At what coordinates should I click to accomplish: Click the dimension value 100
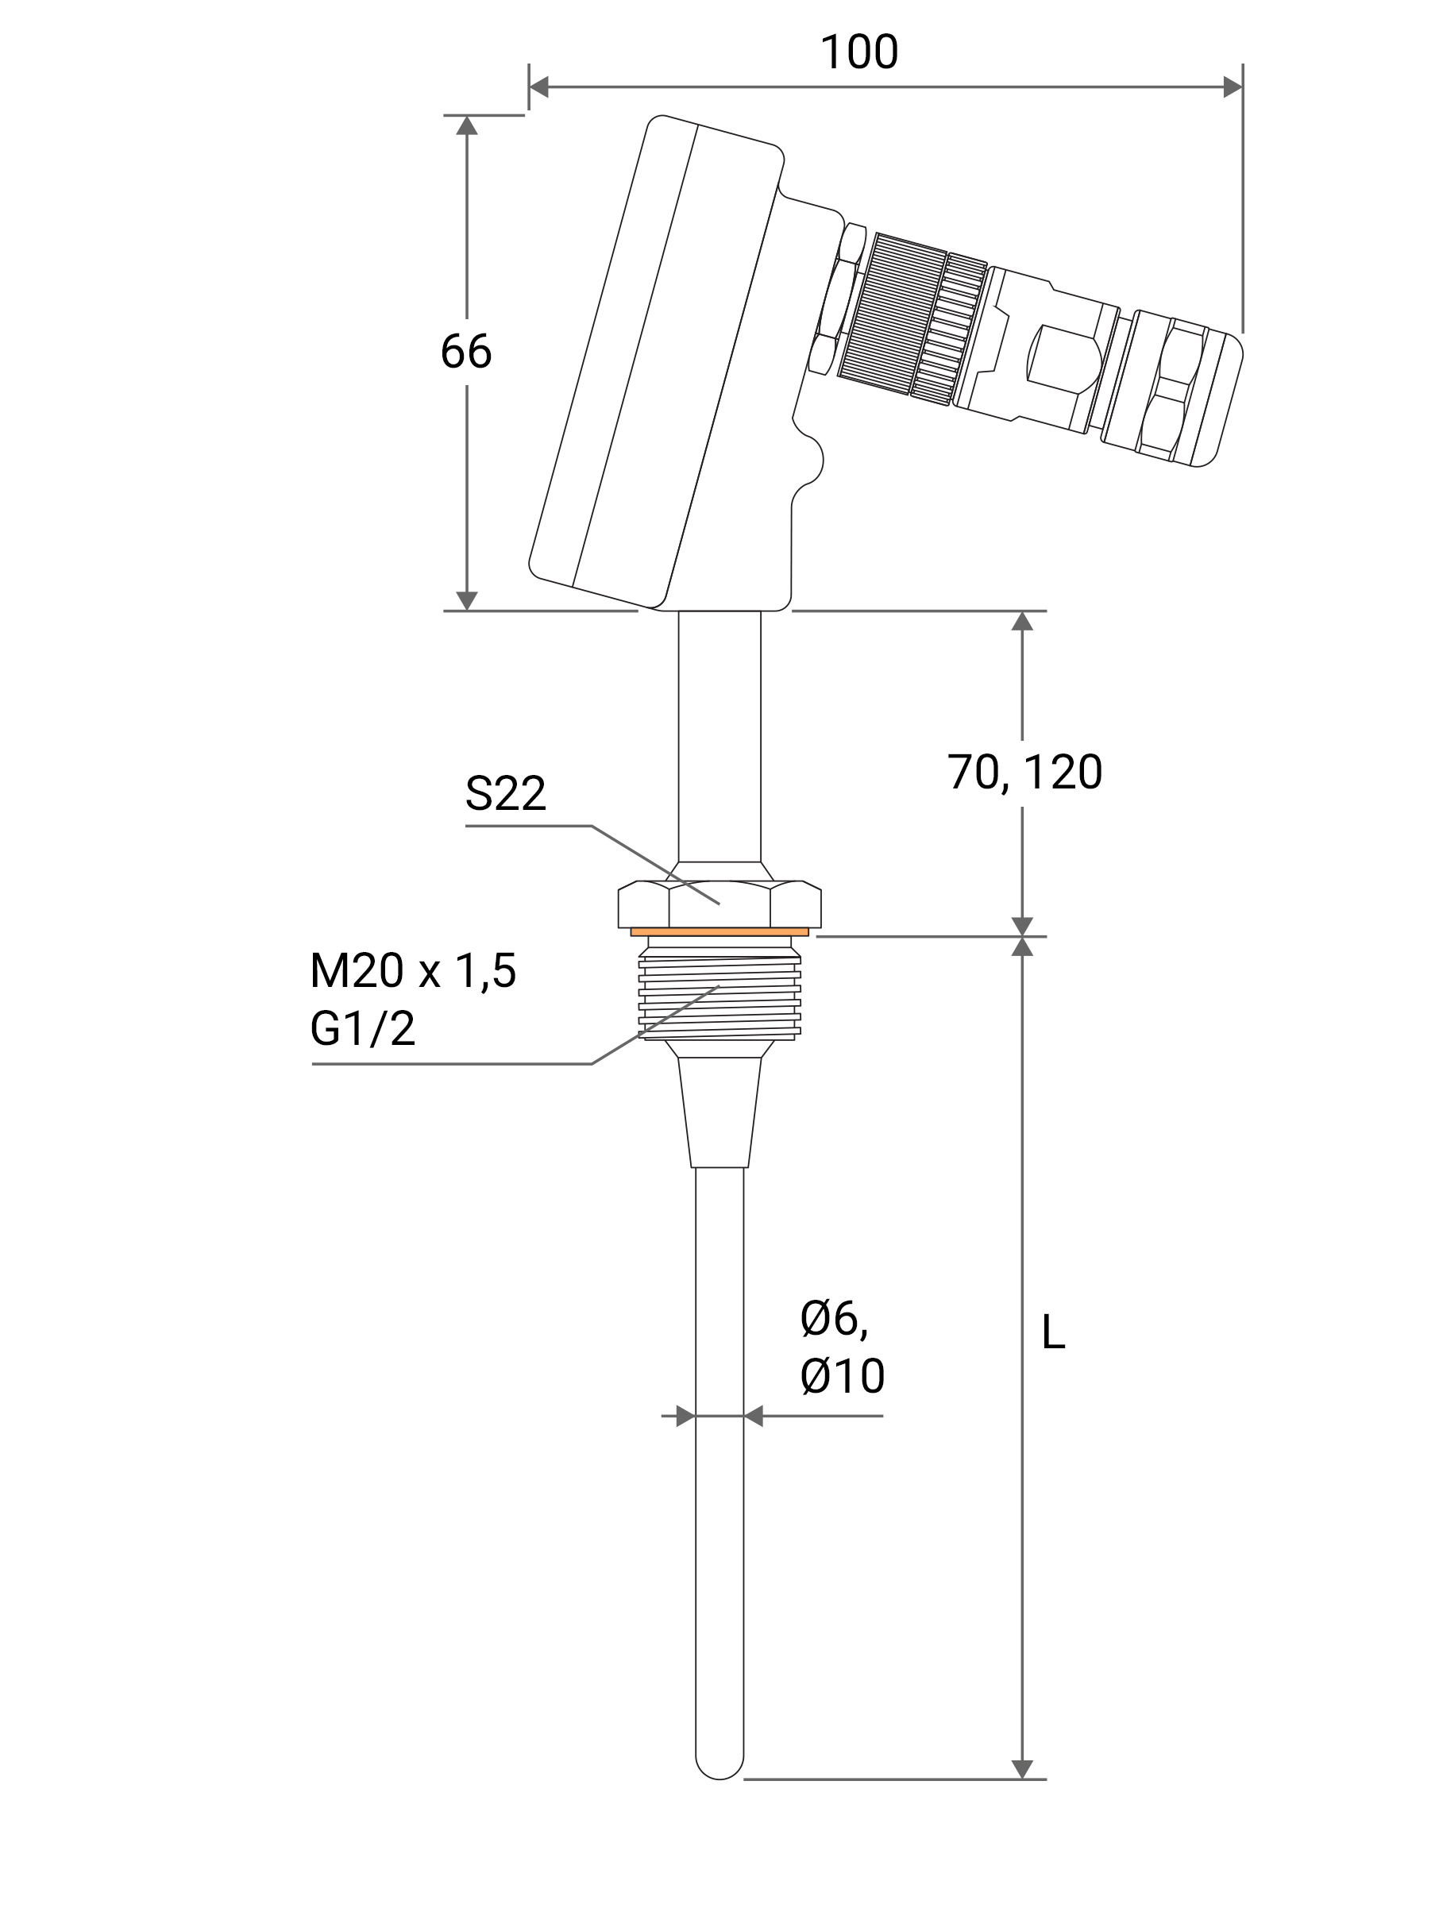point(858,52)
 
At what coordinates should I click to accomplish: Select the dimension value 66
point(466,352)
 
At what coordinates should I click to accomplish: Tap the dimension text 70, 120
point(1024,772)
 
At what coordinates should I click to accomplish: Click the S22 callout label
point(506,793)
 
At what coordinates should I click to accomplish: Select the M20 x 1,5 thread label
point(412,971)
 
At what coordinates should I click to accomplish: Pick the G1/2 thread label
point(362,1028)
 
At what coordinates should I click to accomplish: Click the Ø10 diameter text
point(842,1376)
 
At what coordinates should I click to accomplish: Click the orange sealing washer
point(719,932)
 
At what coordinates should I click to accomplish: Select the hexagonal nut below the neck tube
point(719,904)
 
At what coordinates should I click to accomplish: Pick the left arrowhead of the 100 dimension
point(538,87)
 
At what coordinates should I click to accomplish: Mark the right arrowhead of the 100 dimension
point(1233,87)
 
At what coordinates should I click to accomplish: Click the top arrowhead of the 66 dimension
point(467,126)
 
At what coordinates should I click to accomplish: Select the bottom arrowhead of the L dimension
point(1021,1768)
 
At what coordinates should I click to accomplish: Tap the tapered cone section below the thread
point(719,1111)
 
